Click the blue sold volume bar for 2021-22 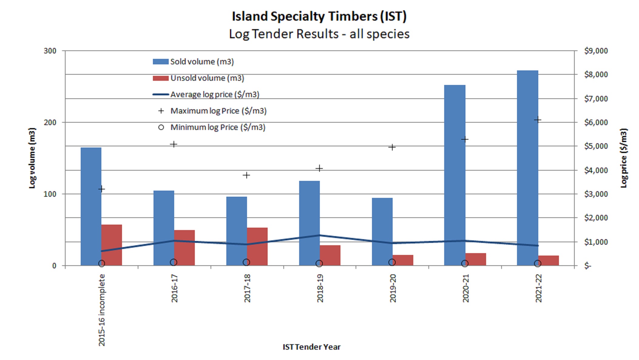527,168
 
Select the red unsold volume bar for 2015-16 112,245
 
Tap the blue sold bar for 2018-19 309,223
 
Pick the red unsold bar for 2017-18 257,246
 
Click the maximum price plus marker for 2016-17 174,144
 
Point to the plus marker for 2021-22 538,120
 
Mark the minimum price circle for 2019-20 392,262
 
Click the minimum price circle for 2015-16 102,263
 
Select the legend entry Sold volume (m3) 193,62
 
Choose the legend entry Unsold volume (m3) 198,78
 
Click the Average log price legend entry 206,94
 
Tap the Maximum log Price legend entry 212,111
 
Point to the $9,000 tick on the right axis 596,51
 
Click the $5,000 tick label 596,146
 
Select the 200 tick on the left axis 50,122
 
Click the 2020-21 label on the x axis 465,288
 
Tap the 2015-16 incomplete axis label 102,310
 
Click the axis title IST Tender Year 312,347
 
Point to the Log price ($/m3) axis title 624,158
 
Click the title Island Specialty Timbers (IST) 319,16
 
